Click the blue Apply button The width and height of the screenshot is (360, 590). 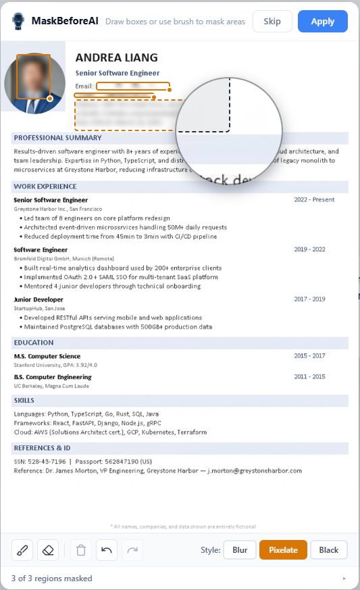pyautogui.click(x=322, y=22)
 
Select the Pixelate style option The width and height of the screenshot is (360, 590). pyautogui.click(x=283, y=550)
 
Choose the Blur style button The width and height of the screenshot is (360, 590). pyautogui.click(x=240, y=550)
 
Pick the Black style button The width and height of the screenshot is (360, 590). pyautogui.click(x=328, y=550)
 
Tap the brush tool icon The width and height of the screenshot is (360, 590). pyautogui.click(x=22, y=550)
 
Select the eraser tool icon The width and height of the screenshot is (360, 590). pyautogui.click(x=48, y=550)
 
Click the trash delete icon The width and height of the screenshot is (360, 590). pyautogui.click(x=81, y=550)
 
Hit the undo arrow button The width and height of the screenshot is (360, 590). pyautogui.click(x=107, y=550)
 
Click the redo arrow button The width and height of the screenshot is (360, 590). pyautogui.click(x=132, y=550)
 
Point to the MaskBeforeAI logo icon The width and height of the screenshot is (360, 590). pyautogui.click(x=18, y=21)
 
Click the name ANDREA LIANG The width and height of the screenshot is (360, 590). pyautogui.click(x=116, y=58)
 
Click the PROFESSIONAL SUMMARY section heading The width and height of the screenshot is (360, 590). pyautogui.click(x=57, y=138)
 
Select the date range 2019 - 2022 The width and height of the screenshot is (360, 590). pyautogui.click(x=309, y=249)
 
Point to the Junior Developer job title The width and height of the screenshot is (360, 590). pyautogui.click(x=38, y=299)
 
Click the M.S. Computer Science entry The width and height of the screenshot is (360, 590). pyautogui.click(x=47, y=355)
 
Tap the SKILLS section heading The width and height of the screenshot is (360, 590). pyautogui.click(x=24, y=401)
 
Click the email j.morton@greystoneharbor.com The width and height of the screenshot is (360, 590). pyautogui.click(x=255, y=470)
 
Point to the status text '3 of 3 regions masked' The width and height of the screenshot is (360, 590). pyautogui.click(x=51, y=579)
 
